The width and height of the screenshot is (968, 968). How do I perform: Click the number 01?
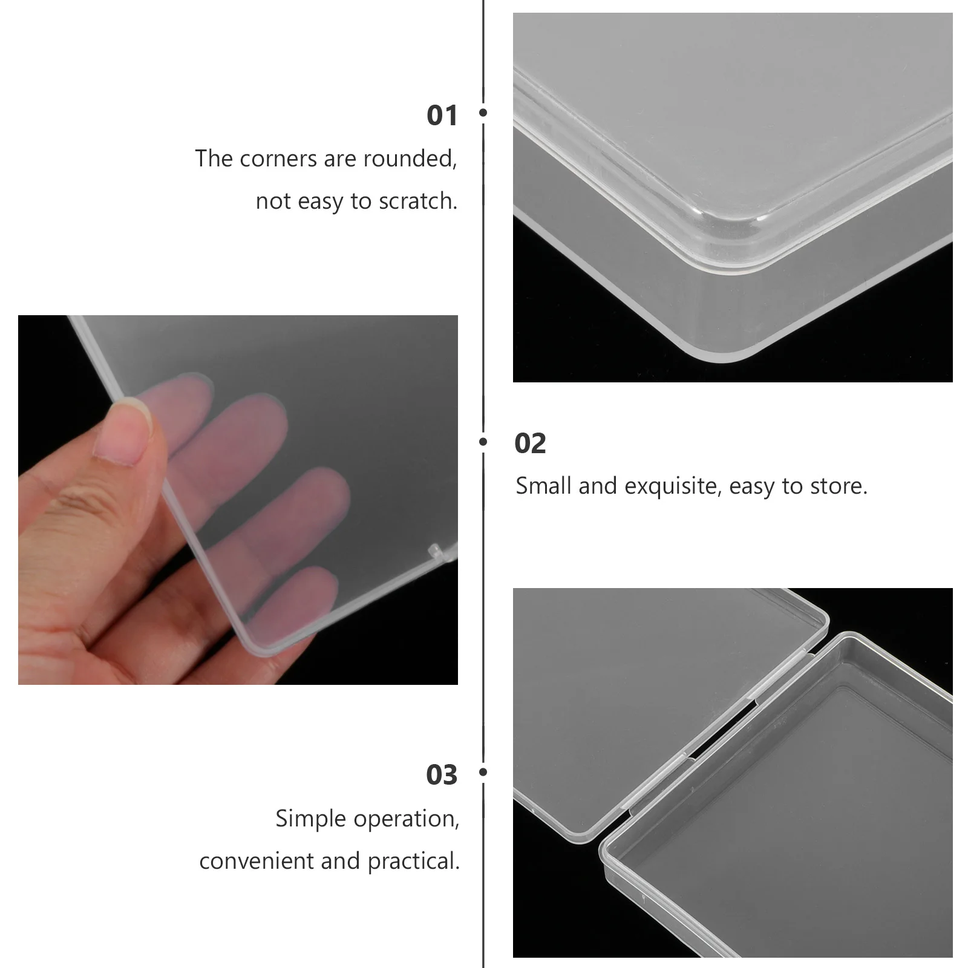442,115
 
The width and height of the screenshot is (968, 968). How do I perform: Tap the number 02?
530,443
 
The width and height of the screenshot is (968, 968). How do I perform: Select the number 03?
442,775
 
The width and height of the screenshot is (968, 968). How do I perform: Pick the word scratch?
417,201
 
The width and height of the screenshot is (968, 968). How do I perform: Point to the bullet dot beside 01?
483,113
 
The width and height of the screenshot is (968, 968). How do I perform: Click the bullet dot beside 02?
483,442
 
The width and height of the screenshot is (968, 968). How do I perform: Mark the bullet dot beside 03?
483,772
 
